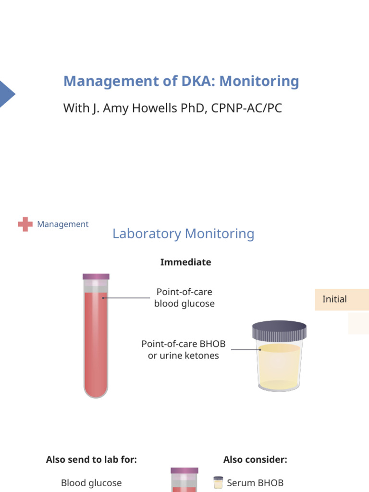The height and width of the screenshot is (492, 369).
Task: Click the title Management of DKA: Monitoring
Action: pos(181,81)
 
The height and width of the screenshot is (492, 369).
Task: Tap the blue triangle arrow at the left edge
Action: pos(6,94)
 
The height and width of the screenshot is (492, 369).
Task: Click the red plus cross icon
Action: pos(25,224)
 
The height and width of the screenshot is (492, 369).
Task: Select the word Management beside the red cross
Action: pos(63,224)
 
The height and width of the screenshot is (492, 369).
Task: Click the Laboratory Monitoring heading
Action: pos(183,234)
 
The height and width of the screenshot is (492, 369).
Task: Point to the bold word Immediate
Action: pos(185,262)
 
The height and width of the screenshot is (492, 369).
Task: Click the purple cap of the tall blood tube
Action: pos(96,276)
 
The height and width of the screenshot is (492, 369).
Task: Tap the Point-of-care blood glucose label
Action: pos(184,298)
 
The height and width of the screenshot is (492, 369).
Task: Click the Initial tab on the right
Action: pos(335,299)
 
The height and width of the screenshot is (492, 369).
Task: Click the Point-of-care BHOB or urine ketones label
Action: pos(183,350)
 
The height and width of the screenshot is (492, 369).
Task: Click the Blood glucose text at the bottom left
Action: pos(91,483)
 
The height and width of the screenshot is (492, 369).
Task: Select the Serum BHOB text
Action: pos(255,483)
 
